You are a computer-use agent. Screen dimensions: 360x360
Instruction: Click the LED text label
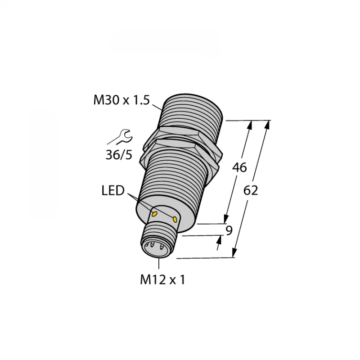point(112,191)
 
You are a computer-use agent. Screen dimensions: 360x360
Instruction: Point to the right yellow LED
point(175,219)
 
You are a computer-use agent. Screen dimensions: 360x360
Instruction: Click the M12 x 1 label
point(163,280)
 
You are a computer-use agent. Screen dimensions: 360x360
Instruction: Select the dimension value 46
point(239,168)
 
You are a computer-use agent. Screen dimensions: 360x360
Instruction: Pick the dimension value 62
point(251,190)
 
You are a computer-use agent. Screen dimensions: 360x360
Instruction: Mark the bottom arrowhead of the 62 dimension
point(235,253)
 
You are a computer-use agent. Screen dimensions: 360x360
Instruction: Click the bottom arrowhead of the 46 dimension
point(226,218)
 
